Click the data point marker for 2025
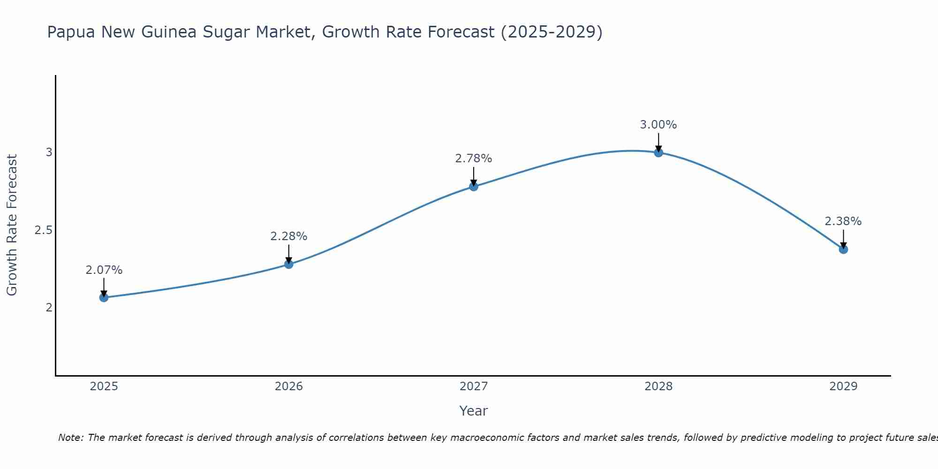click(104, 297)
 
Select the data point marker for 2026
click(288, 264)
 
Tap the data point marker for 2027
click(474, 187)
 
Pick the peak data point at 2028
click(658, 152)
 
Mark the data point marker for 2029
click(843, 249)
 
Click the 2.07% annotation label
click(104, 270)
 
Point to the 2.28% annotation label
click(288, 236)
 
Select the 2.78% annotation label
click(474, 159)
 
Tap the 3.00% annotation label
click(658, 125)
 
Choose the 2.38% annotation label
click(843, 221)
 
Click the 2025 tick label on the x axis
click(104, 386)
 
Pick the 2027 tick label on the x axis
click(474, 386)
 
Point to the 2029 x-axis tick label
click(843, 386)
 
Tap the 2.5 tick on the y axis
click(43, 230)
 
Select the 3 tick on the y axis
click(49, 152)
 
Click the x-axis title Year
click(474, 411)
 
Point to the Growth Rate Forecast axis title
click(12, 225)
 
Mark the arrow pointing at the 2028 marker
click(658, 142)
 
